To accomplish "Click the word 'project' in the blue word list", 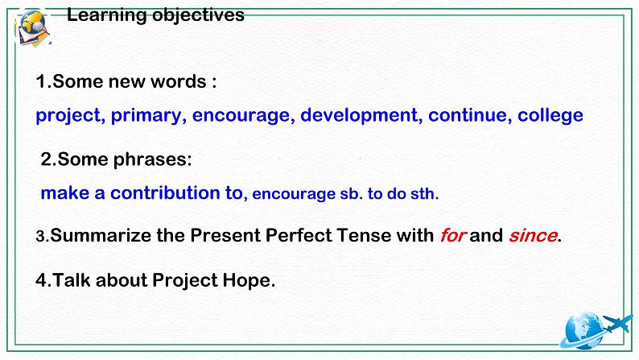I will pos(68,115).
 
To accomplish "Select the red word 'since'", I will pos(532,236).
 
